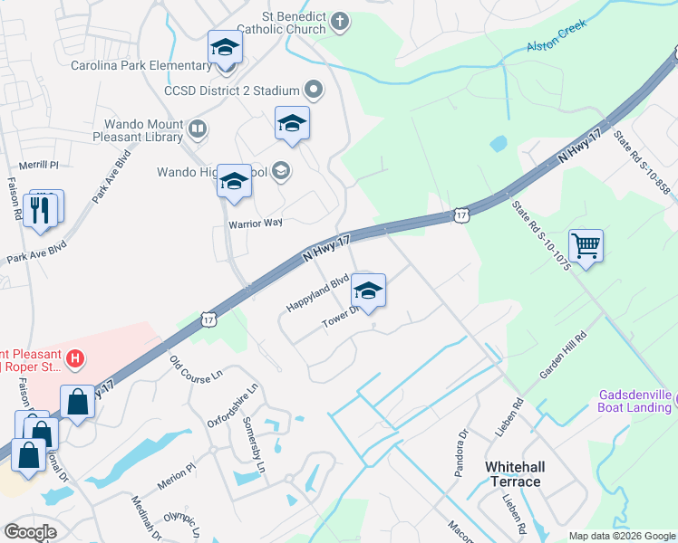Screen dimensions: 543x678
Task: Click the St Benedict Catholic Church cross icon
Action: (x=340, y=23)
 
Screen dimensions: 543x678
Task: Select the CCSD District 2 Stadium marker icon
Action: (x=315, y=90)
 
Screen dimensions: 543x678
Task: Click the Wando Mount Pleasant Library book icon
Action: (x=197, y=132)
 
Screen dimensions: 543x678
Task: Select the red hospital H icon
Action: (x=76, y=359)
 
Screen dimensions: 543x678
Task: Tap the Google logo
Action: (x=31, y=531)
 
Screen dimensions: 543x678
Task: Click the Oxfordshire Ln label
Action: (x=234, y=405)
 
